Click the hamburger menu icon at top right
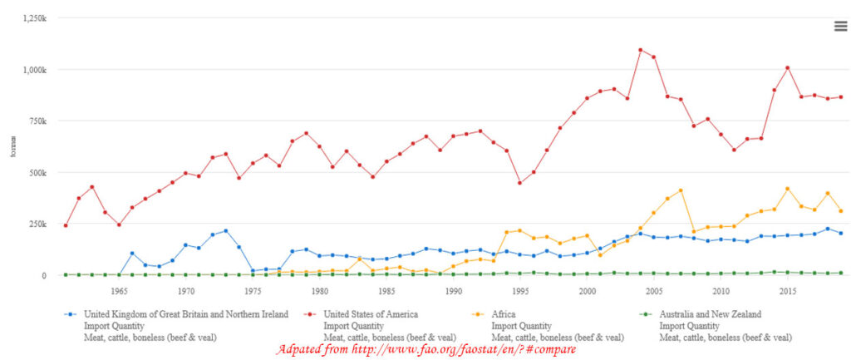(x=840, y=26)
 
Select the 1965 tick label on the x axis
(x=118, y=292)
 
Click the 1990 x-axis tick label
(x=454, y=292)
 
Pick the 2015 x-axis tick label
(x=788, y=292)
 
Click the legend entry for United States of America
(x=371, y=314)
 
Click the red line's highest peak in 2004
(x=641, y=50)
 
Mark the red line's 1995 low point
(x=519, y=183)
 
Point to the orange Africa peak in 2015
(x=787, y=189)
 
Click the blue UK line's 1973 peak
(x=225, y=230)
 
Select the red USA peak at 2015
(x=787, y=68)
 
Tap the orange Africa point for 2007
(x=681, y=190)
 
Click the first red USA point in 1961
(x=65, y=225)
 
